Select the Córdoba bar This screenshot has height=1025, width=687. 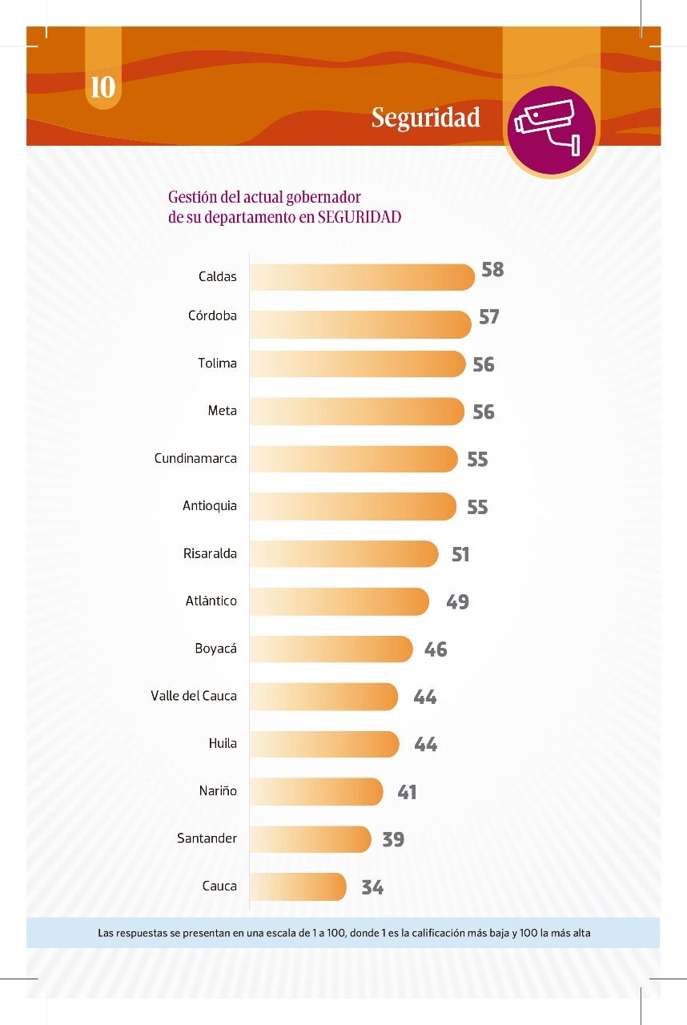360,324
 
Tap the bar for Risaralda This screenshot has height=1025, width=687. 344,554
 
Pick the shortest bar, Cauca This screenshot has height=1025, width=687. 298,886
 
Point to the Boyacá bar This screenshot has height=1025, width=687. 331,649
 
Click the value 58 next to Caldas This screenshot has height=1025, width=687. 492,270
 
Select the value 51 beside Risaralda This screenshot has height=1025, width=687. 460,554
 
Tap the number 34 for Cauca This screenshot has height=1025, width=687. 372,887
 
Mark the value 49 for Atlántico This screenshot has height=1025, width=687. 457,602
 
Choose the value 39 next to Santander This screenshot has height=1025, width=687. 393,840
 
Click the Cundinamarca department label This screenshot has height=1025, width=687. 195,459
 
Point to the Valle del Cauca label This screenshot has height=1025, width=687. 194,696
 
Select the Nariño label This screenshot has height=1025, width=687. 218,791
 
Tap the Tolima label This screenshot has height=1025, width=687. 218,364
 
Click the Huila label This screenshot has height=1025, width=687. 223,743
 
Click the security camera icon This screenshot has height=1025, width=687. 551,129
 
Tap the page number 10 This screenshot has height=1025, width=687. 103,87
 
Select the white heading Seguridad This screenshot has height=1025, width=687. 425,119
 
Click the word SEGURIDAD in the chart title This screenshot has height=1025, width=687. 359,217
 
